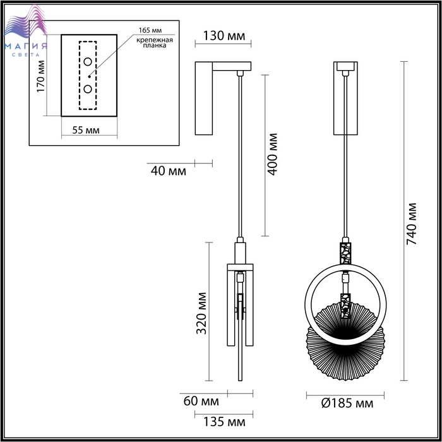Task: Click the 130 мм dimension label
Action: click(x=224, y=36)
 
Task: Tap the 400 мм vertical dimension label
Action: click(x=272, y=154)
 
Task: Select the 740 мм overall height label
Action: click(x=412, y=224)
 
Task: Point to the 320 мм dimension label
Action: click(x=201, y=313)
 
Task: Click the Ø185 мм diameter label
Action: click(x=347, y=403)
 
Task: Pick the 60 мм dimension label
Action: click(x=201, y=401)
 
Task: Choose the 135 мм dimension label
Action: click(x=224, y=422)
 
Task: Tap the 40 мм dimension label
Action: click(x=169, y=171)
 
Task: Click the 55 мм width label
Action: click(x=86, y=130)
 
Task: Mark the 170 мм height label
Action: click(x=41, y=76)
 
